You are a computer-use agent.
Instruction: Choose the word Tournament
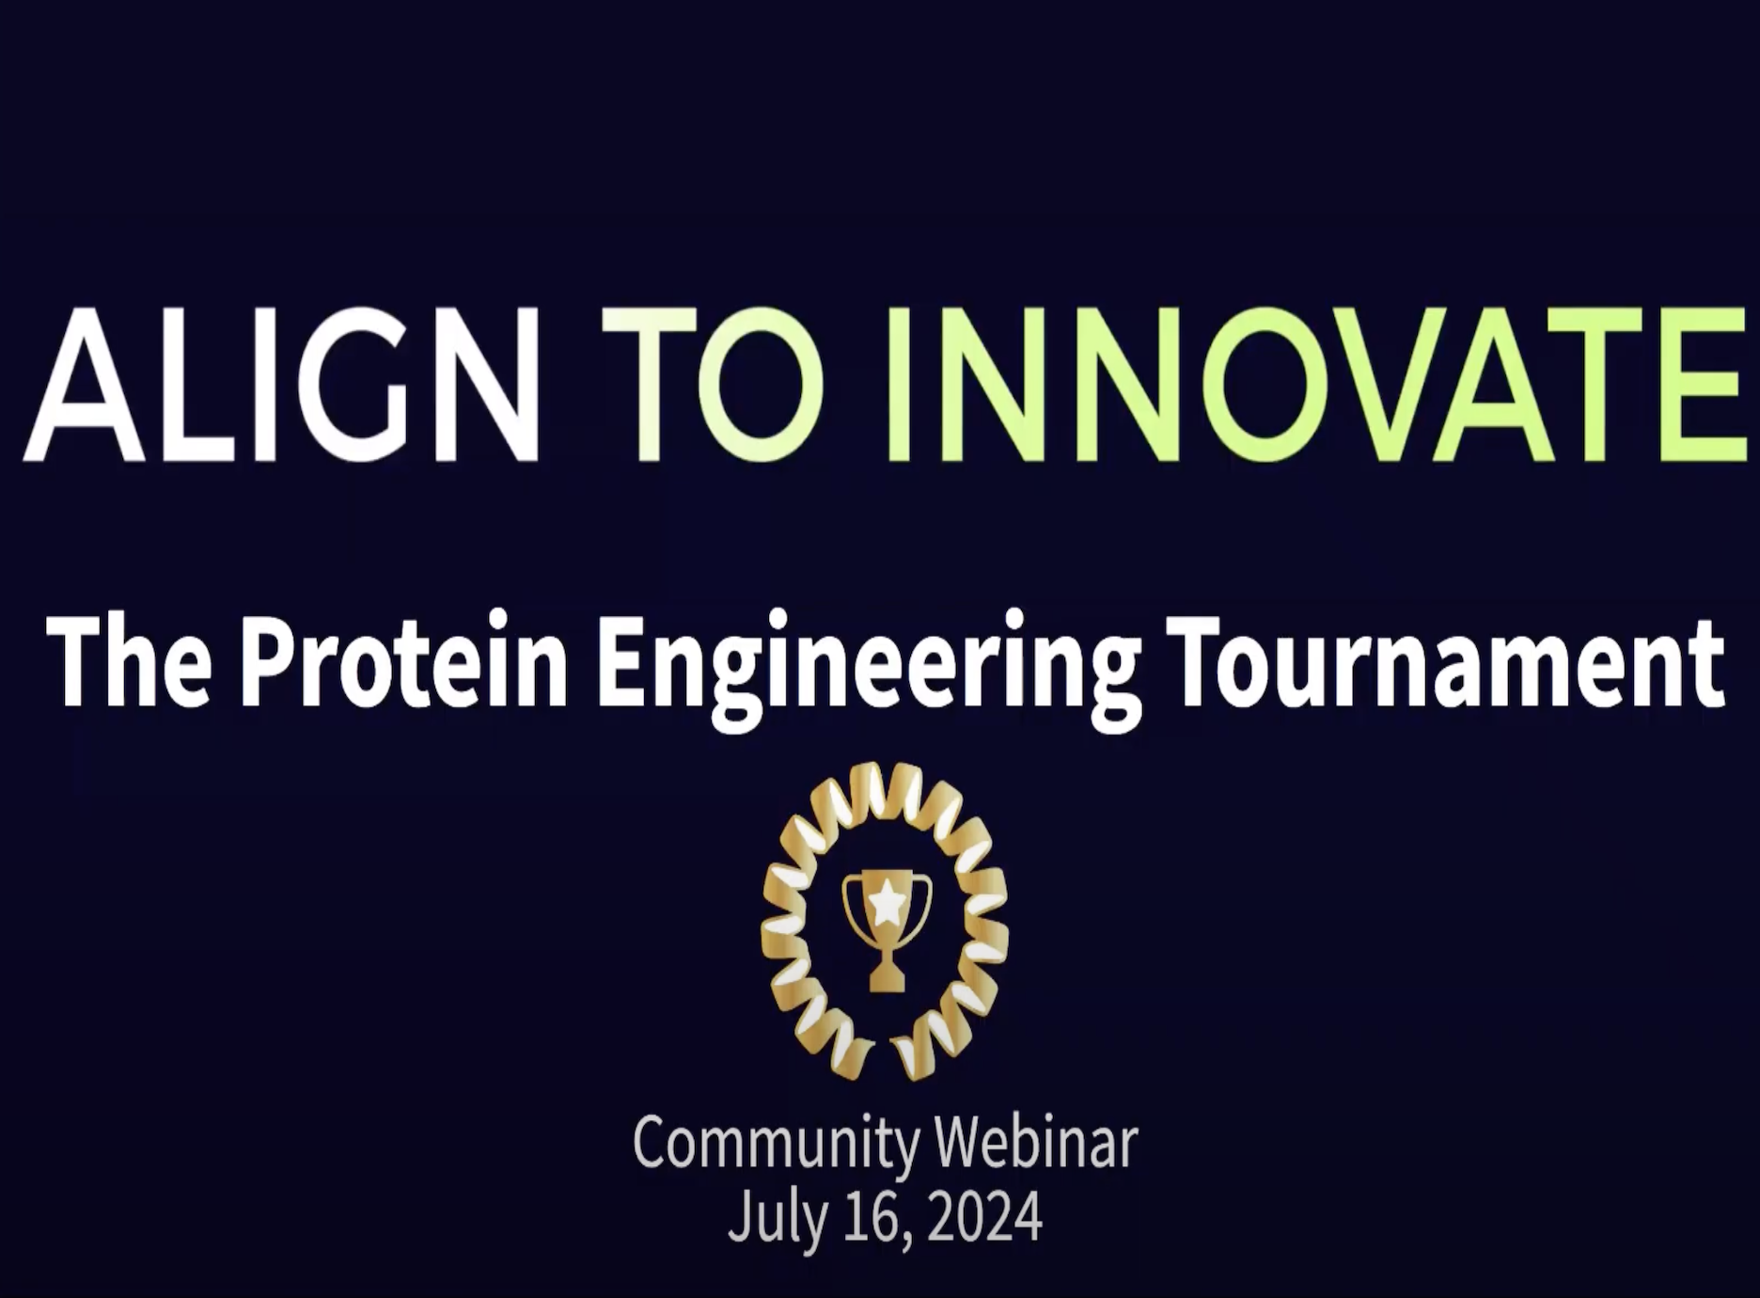click(1449, 663)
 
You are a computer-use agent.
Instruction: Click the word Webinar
click(1038, 1142)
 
